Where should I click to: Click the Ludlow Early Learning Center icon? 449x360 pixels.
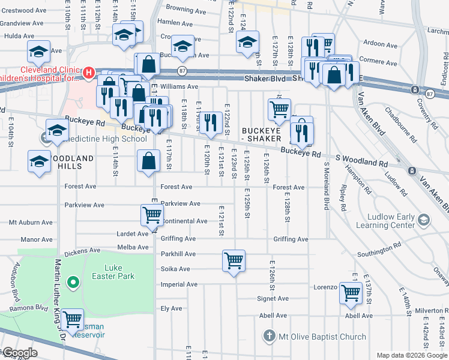click(424, 220)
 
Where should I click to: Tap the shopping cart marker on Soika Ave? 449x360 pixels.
click(234, 261)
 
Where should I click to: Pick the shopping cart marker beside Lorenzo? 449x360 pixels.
click(351, 293)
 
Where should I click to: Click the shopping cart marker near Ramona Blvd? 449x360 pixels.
click(73, 320)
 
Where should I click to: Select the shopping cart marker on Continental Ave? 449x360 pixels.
click(152, 215)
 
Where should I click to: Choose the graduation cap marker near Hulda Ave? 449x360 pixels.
click(38, 53)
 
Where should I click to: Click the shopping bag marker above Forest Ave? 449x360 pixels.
click(148, 161)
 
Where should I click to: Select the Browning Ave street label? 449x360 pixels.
click(187, 8)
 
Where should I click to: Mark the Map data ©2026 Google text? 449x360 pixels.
click(411, 355)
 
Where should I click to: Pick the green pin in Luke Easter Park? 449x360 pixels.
click(73, 281)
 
